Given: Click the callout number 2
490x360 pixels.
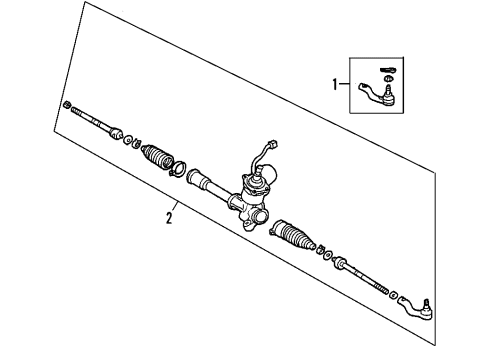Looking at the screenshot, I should coord(171,216).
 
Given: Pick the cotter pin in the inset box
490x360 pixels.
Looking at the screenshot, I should coord(391,67).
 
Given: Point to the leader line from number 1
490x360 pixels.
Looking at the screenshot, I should coord(346,86).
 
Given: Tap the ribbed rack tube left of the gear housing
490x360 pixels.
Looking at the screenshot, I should coord(205,183).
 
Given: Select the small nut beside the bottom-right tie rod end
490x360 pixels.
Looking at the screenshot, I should coord(393,293).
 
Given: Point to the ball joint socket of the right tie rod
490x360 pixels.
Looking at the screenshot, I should coord(344,265).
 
